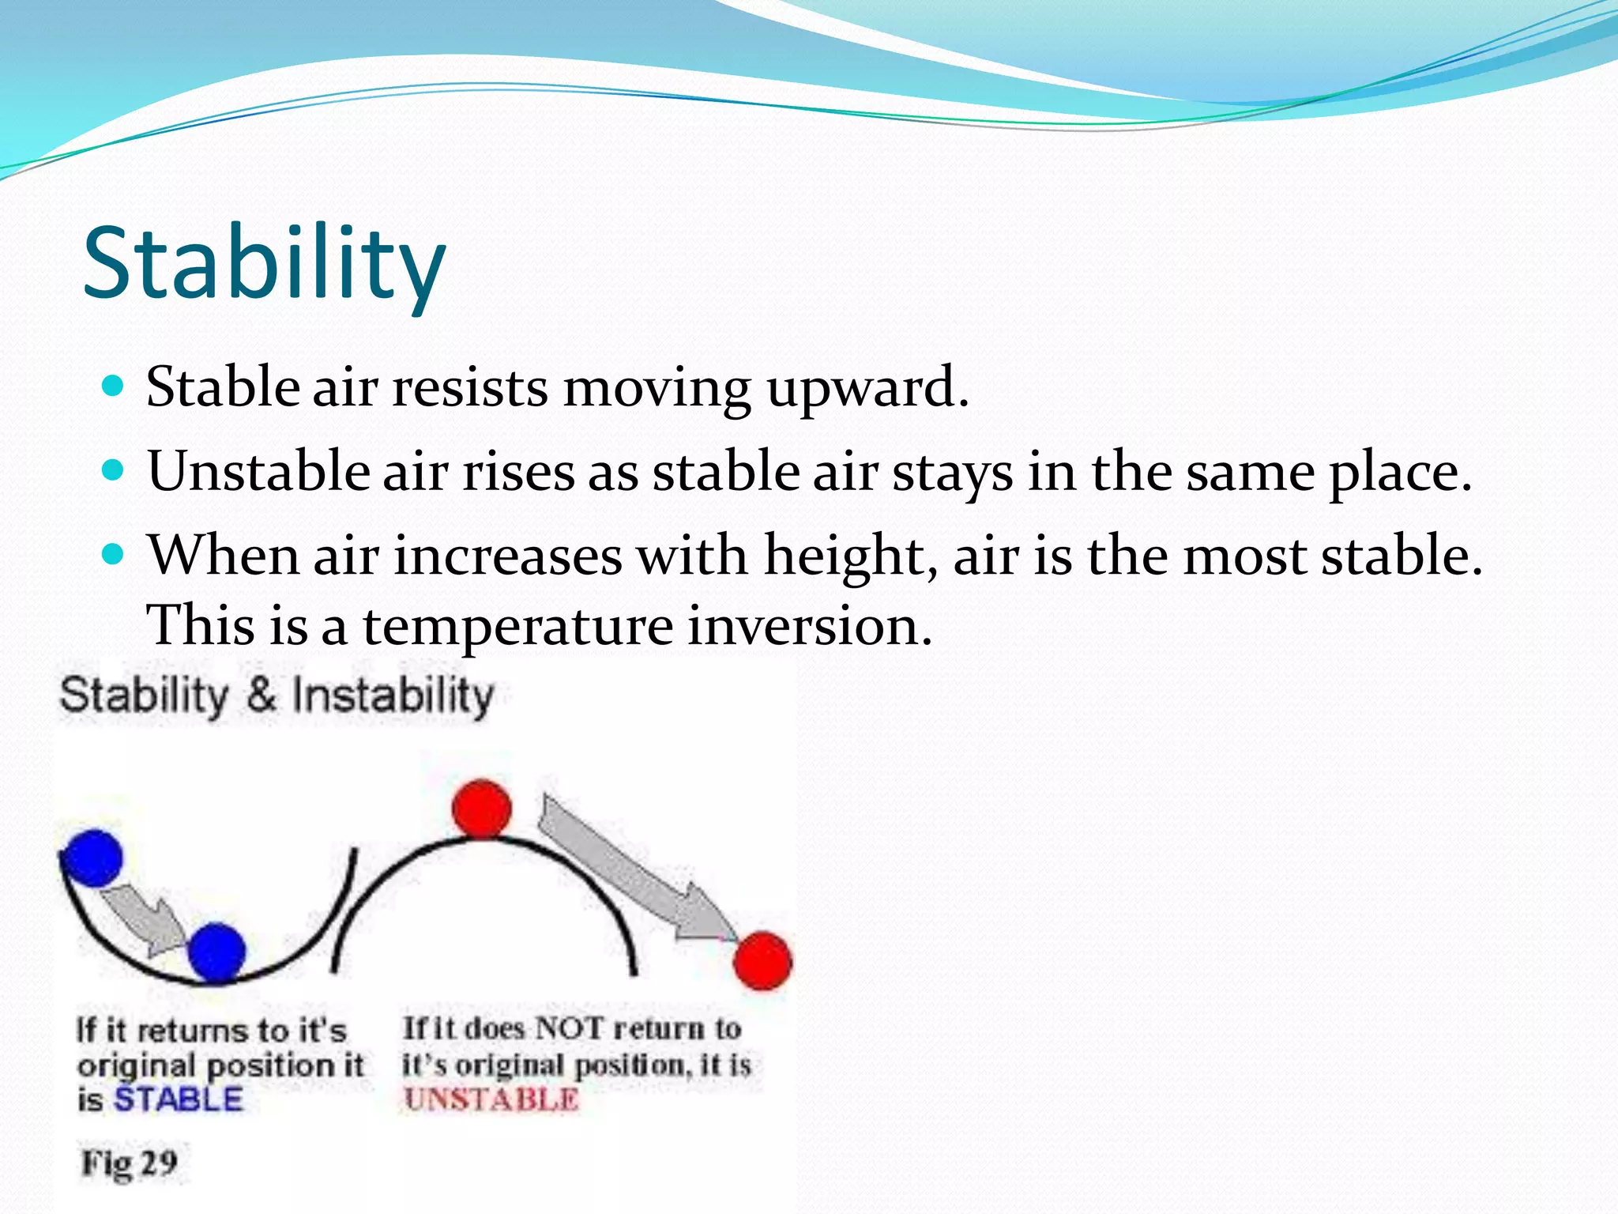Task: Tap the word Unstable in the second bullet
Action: (258, 472)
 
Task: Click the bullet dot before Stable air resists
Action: (115, 386)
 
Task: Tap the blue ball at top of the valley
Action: (92, 858)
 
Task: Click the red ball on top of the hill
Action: (481, 808)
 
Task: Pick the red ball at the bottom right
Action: (762, 960)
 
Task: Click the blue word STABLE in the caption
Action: (178, 1099)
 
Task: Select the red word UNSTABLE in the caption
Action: (491, 1099)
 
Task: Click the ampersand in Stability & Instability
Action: (261, 696)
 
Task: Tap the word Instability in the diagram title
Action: (393, 696)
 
